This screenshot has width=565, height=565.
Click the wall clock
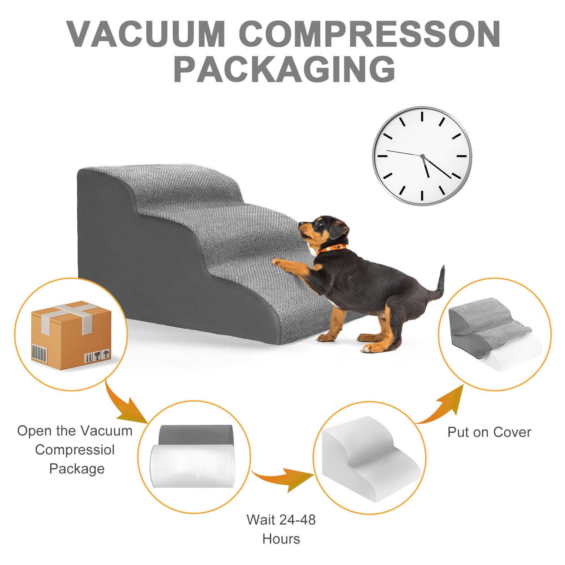click(x=422, y=155)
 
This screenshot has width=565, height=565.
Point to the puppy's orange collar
click(x=331, y=248)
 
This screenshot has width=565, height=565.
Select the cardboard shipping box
click(x=71, y=335)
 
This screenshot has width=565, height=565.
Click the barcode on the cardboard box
click(x=39, y=353)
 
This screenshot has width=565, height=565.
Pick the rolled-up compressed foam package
click(x=193, y=456)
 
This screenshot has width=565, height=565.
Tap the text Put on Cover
click(x=489, y=432)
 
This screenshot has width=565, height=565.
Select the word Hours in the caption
click(x=281, y=539)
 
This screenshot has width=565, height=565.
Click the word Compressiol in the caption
click(x=75, y=450)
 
